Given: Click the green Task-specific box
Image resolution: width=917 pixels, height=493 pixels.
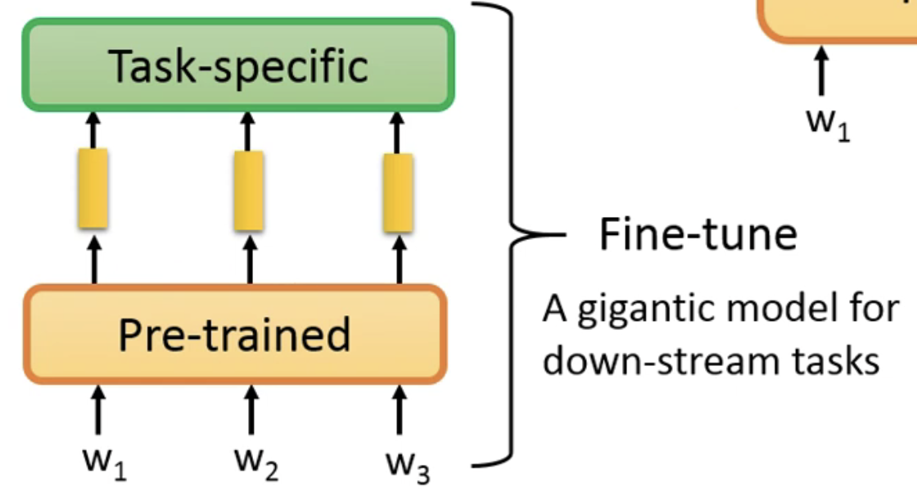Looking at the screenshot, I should click(x=237, y=65).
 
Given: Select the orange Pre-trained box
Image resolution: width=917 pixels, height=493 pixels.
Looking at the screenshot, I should click(x=235, y=334).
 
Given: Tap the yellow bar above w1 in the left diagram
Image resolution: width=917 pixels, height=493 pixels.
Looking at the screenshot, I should click(x=93, y=188).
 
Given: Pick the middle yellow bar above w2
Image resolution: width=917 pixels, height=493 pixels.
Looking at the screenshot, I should click(x=248, y=191).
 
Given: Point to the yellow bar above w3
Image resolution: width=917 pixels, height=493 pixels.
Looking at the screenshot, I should click(x=398, y=192).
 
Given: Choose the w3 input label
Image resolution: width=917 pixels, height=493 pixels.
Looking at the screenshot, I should click(x=408, y=467).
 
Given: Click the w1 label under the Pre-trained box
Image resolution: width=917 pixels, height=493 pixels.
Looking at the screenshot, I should click(x=104, y=464).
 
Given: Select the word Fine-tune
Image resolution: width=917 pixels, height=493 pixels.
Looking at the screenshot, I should click(x=698, y=234).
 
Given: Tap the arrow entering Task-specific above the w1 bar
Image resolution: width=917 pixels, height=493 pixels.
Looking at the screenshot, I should click(x=93, y=129).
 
